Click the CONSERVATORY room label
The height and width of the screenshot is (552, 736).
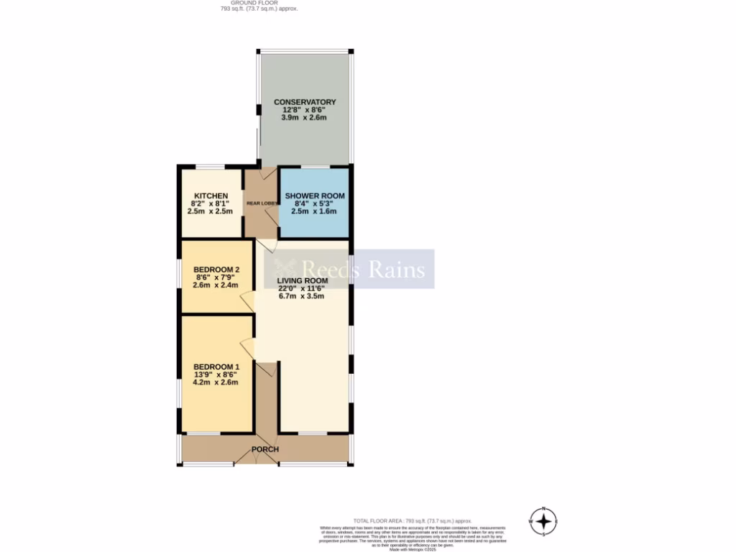[305, 102]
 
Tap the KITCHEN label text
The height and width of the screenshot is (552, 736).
[211, 196]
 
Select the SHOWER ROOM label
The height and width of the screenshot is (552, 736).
[315, 196]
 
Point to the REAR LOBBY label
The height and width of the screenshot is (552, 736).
[262, 203]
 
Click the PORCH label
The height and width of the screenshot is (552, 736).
[264, 450]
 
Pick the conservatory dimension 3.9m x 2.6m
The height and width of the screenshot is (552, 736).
[305, 117]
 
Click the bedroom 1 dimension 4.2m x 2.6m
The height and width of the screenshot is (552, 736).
[215, 382]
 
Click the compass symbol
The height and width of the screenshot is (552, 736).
[544, 521]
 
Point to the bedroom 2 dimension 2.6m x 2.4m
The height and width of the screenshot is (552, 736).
[216, 285]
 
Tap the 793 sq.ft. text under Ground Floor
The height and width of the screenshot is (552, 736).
[259, 9]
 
